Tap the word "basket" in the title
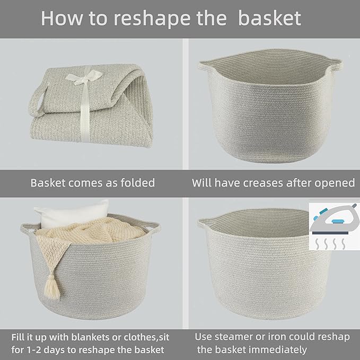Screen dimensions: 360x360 click(x=269, y=18)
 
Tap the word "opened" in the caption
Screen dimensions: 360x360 click(x=333, y=183)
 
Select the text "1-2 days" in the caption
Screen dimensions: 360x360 click(x=51, y=349)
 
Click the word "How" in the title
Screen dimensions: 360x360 click(x=58, y=18)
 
